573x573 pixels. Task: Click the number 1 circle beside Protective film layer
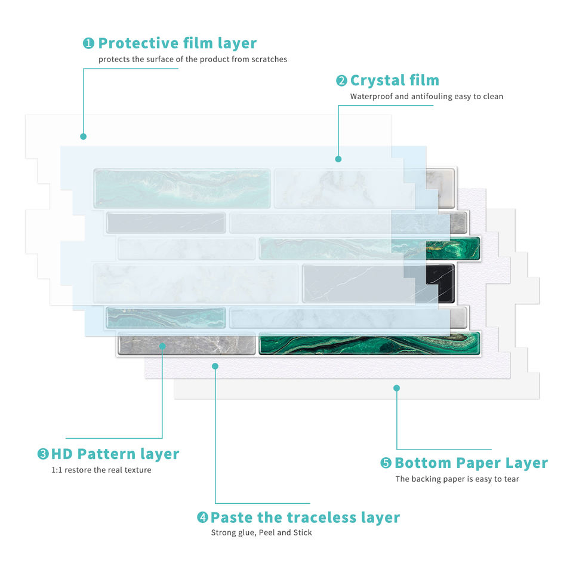88,44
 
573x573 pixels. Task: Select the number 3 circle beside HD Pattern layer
43,454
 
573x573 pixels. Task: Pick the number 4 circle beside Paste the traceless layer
202,517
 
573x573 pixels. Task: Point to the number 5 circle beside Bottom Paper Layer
386,463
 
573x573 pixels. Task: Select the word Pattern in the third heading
105,454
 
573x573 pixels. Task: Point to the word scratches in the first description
268,59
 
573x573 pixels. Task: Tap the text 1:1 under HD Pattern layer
57,470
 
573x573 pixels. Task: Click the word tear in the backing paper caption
511,479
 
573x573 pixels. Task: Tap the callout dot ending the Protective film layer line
84,137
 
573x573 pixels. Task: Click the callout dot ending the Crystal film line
338,159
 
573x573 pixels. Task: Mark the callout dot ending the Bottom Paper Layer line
396,388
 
